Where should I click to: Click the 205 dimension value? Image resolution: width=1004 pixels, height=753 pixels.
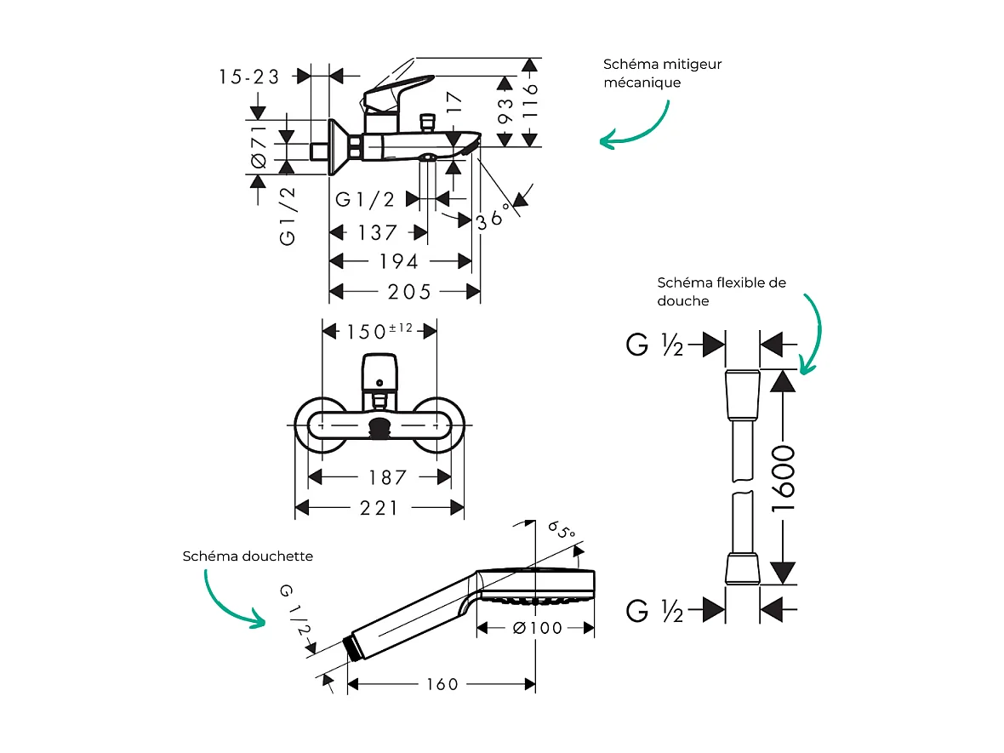tap(409, 292)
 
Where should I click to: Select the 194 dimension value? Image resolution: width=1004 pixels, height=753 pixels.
tap(398, 261)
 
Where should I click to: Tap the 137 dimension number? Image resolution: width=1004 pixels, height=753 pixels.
tap(377, 232)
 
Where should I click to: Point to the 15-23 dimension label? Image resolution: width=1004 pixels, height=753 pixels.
tap(248, 77)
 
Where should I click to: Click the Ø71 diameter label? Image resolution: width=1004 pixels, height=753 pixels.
tap(260, 146)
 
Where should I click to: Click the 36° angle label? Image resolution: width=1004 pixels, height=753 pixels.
tap(493, 214)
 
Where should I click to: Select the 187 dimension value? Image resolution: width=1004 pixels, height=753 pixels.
tap(387, 478)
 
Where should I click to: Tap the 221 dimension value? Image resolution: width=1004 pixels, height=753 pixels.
tap(379, 509)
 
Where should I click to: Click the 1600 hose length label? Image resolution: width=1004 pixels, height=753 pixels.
tap(782, 477)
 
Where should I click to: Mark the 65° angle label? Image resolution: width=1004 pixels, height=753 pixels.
tap(561, 532)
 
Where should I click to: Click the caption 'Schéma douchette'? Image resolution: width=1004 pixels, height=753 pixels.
tap(248, 556)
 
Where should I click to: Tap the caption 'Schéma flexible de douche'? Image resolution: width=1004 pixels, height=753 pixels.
tap(722, 292)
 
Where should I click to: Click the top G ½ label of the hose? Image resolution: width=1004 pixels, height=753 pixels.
tap(654, 345)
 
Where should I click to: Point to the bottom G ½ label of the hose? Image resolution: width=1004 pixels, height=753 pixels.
tap(654, 609)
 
